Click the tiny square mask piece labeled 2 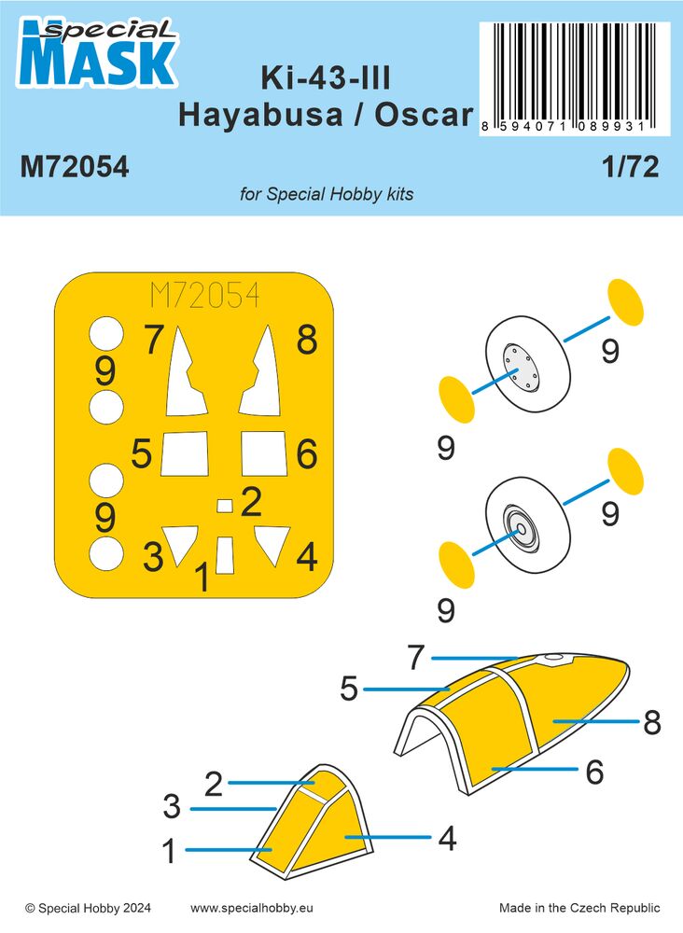coord(224,506)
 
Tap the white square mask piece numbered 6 coord(262,453)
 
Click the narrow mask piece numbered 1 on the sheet coord(224,555)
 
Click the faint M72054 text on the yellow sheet coord(204,298)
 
